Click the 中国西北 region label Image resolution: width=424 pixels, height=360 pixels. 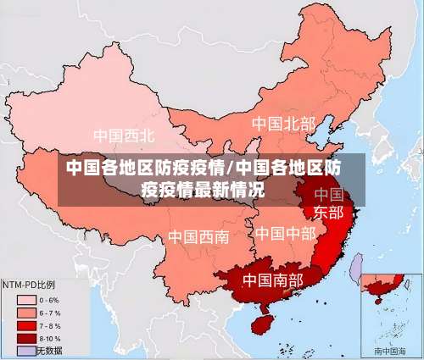tap(125, 136)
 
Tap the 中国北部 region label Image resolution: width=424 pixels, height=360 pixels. tap(282, 124)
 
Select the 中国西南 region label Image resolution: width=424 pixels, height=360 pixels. tap(198, 236)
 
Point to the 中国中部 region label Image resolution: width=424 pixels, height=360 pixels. tap(285, 232)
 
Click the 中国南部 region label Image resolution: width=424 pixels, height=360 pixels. tap(273, 278)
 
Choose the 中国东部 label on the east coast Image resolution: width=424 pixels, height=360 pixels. tap(328, 203)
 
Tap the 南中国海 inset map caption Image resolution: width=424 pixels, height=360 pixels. tap(391, 350)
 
